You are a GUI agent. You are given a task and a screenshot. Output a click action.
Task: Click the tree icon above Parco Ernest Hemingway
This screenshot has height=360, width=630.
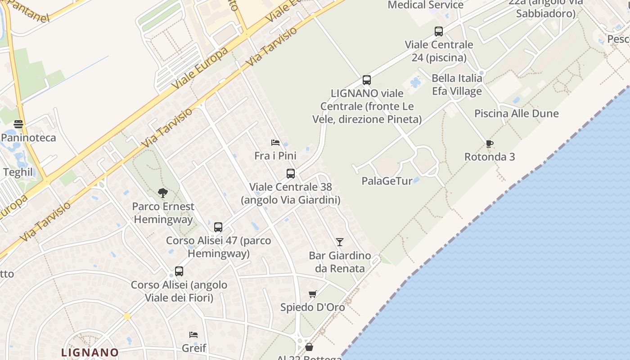[x=163, y=193]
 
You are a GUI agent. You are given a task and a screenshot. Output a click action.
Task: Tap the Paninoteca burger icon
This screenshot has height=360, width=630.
[x=18, y=124]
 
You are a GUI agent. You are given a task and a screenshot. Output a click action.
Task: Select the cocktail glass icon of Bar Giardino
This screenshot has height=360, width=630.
[x=340, y=242]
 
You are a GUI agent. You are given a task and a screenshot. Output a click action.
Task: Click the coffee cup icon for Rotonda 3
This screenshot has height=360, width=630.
[x=490, y=144]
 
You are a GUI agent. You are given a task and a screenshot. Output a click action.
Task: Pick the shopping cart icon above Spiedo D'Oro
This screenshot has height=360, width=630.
[x=313, y=294]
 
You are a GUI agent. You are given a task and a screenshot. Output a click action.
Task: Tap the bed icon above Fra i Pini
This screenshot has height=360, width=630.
[x=275, y=143]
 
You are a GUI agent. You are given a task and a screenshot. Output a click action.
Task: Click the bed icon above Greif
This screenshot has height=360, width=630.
[x=193, y=335]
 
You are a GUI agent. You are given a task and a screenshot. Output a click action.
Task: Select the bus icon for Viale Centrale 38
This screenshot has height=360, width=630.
[x=291, y=173]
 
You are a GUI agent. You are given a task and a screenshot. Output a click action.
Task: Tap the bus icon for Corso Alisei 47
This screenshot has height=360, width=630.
[x=218, y=227]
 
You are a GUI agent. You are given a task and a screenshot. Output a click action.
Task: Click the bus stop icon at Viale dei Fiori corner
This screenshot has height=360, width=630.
[x=179, y=271]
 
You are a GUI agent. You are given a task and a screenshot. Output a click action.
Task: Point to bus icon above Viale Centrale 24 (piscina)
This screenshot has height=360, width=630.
[x=439, y=31]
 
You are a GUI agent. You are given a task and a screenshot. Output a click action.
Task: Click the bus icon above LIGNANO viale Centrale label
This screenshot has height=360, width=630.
[x=367, y=80]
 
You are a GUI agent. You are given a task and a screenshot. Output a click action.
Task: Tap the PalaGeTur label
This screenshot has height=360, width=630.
[x=387, y=181]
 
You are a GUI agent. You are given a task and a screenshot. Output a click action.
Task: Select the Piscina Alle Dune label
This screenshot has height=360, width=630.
[x=516, y=113]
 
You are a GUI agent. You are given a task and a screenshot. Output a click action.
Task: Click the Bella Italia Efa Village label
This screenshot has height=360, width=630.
[x=457, y=85]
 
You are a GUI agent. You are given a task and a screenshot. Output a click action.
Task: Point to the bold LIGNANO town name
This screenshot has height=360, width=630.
[x=90, y=352]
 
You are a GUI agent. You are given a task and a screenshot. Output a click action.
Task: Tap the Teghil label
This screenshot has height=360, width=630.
[x=18, y=172]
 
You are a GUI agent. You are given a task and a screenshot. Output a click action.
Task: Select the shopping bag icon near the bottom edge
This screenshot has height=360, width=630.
[x=309, y=347]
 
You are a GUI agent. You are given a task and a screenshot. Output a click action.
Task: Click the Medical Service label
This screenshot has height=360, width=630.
[x=425, y=5]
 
